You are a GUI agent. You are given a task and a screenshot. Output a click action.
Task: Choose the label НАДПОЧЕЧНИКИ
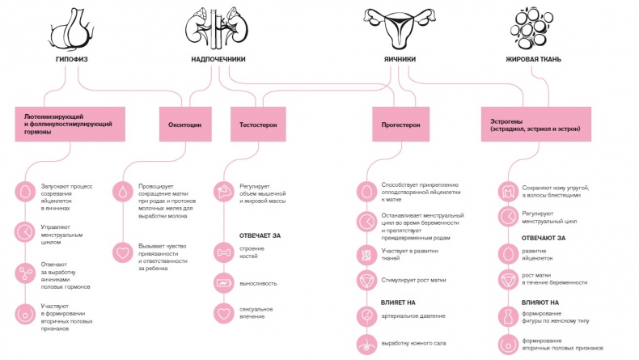(218, 59)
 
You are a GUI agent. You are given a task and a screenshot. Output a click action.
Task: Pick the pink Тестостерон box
(259, 125)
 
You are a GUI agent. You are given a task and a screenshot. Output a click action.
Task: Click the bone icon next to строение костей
(223, 252)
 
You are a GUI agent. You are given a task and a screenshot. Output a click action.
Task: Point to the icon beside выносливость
(223, 283)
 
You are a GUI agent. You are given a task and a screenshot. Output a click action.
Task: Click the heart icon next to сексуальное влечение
(223, 312)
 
